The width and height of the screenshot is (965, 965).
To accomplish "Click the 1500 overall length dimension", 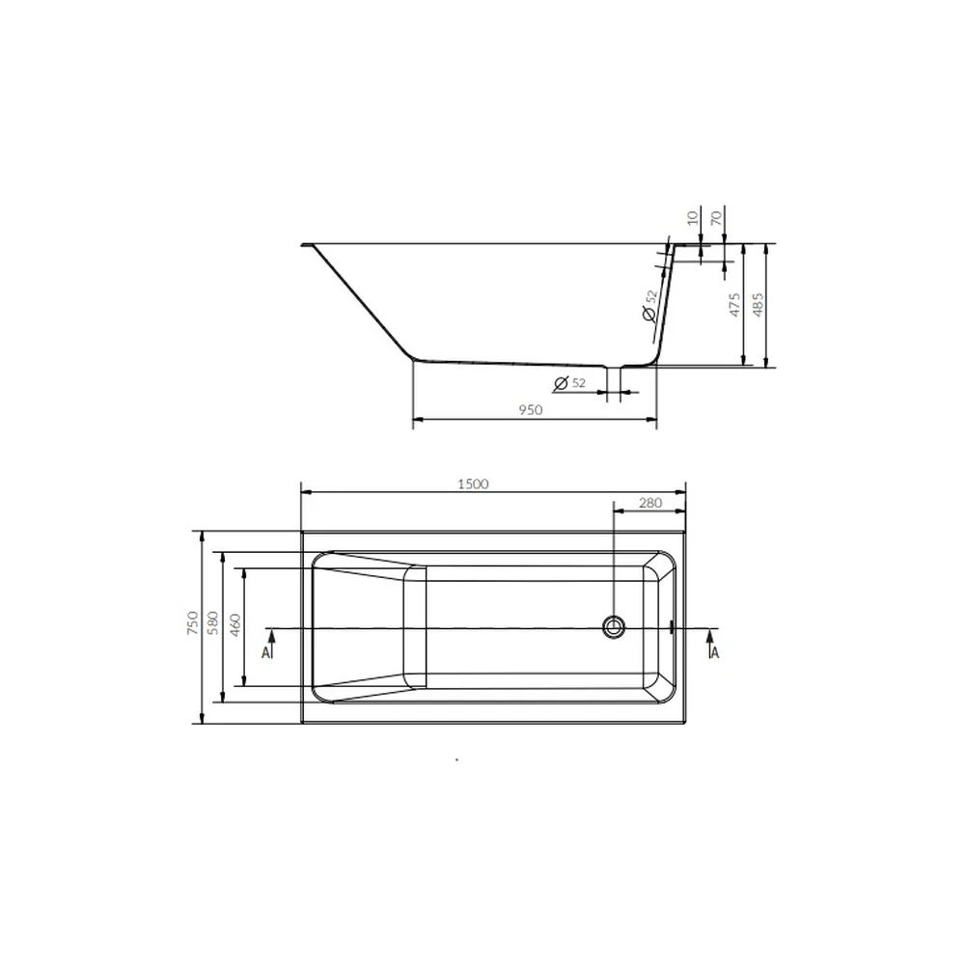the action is tap(473, 484).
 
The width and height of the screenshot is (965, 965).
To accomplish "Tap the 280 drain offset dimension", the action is tap(649, 503).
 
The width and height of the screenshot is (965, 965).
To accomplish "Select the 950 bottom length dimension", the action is tap(531, 410).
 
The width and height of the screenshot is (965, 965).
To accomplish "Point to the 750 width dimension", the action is tap(193, 622).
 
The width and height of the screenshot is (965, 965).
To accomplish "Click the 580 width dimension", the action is tap(213, 622).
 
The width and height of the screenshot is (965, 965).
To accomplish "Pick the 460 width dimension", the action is tap(234, 624).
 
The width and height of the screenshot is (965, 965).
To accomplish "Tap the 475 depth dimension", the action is tap(734, 305).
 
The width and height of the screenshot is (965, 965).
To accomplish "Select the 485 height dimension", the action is tap(758, 305).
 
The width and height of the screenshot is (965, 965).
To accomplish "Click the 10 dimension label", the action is tap(693, 217).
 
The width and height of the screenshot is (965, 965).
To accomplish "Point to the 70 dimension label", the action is tap(716, 217).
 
